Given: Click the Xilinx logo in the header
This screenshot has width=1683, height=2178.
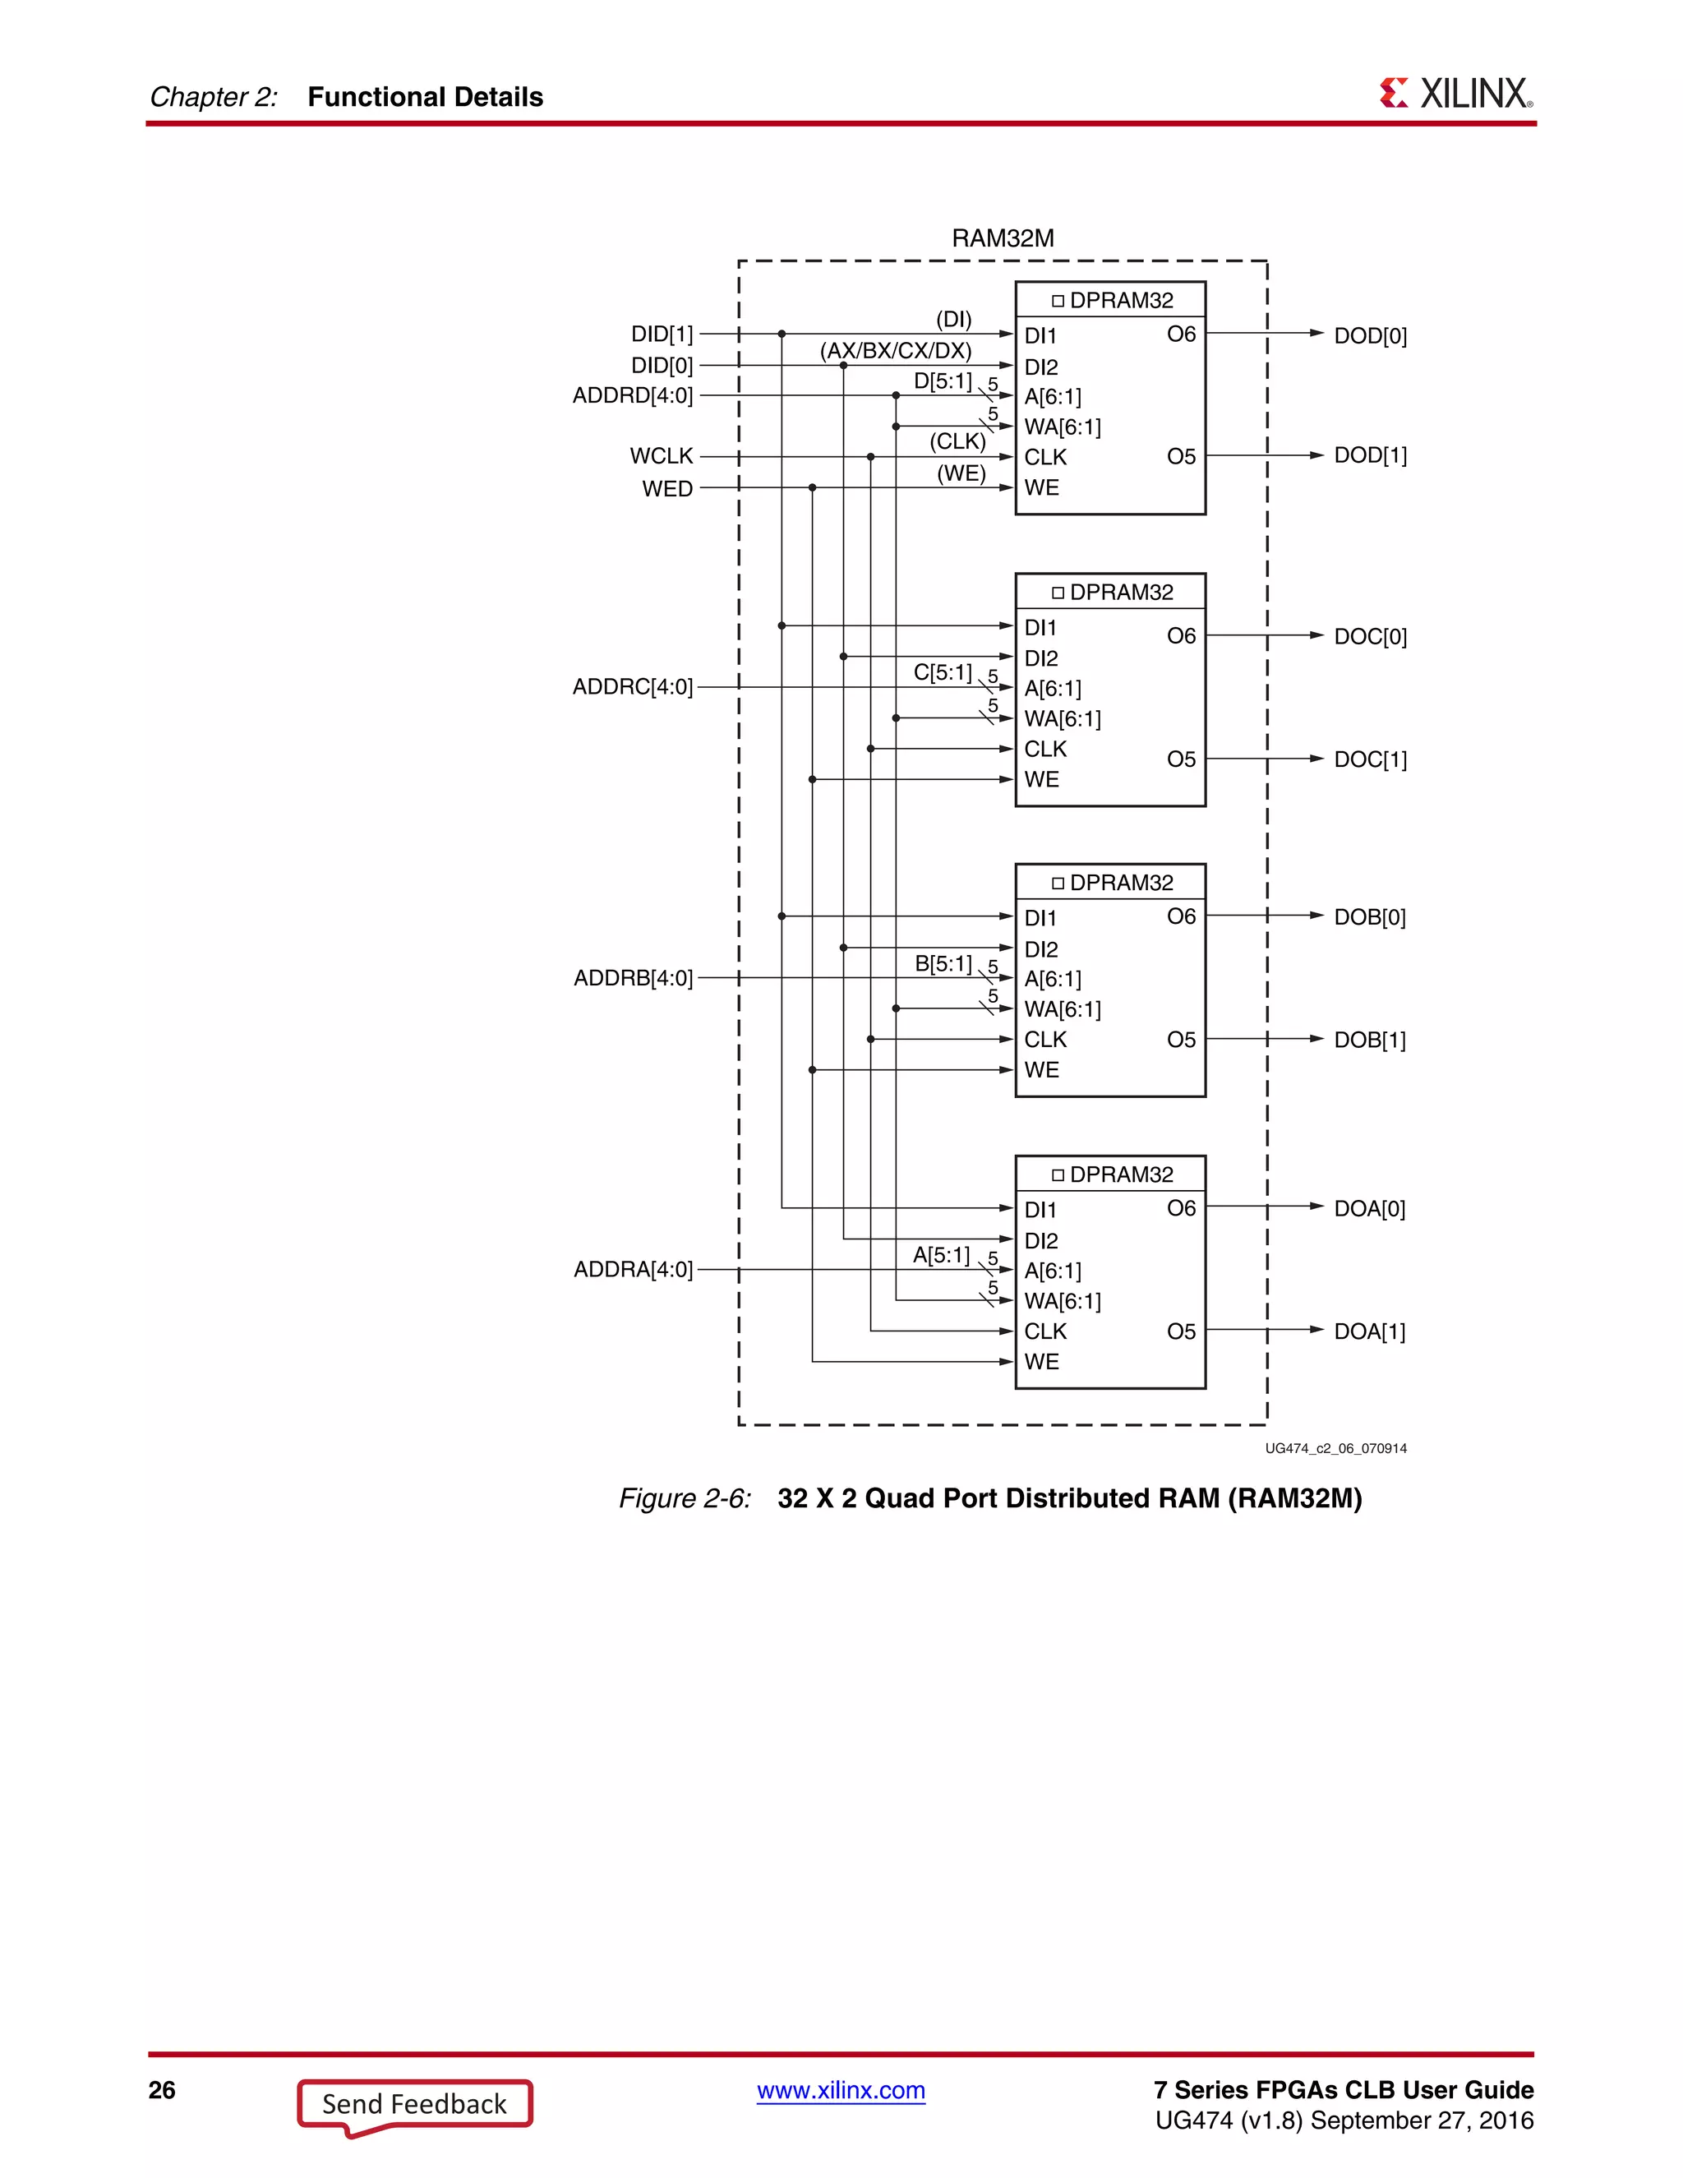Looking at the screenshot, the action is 1455,94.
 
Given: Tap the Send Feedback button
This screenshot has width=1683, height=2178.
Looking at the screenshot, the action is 414,2104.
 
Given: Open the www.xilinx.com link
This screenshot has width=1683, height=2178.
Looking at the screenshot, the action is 841,2090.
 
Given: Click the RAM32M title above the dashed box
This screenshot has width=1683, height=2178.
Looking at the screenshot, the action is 1002,238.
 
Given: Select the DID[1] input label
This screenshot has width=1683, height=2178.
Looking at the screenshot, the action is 661,334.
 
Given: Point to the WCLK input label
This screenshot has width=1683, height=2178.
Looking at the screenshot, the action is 661,456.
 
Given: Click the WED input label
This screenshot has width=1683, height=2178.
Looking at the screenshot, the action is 667,489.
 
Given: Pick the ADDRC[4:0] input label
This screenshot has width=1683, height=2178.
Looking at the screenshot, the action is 632,687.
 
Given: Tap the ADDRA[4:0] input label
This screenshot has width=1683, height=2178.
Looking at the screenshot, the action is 633,1270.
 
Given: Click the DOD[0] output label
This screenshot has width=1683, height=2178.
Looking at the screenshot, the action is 1370,336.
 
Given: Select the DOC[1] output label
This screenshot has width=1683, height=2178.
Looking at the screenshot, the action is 1370,760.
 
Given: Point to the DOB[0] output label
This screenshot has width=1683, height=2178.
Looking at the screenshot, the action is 1370,917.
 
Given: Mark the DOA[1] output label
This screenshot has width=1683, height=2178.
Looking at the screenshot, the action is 1369,1332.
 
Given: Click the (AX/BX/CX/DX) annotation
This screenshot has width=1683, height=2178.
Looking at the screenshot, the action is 896,351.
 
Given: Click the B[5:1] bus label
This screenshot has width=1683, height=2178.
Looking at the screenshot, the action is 943,963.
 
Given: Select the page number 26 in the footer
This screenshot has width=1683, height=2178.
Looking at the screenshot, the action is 162,2090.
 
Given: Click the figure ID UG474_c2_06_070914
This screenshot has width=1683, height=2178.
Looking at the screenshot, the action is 1335,1449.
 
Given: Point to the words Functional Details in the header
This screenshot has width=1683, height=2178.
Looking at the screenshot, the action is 425,97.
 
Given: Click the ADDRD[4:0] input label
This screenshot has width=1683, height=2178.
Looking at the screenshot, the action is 632,396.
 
